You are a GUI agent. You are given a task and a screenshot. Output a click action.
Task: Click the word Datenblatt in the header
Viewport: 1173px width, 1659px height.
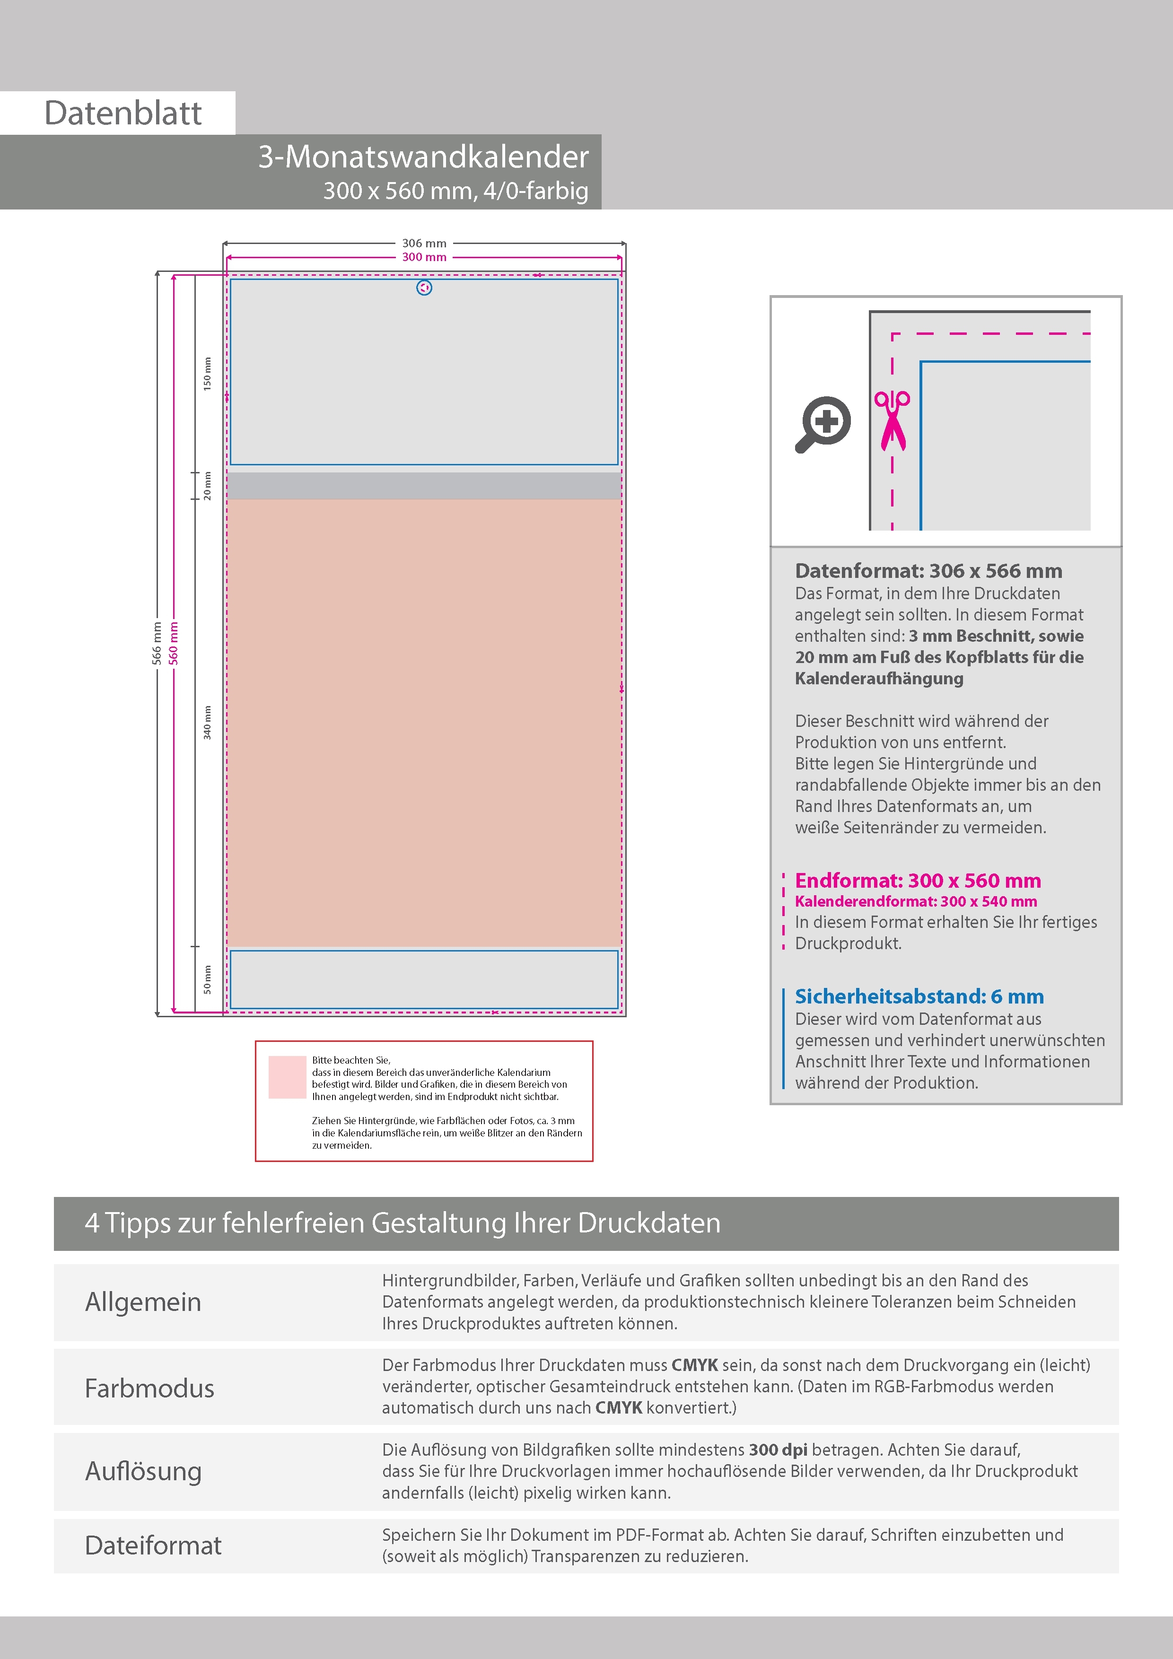[x=123, y=114]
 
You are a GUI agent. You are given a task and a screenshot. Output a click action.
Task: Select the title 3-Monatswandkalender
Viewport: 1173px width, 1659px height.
[x=423, y=157]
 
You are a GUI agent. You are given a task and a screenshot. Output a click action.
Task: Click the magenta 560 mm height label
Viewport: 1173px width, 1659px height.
[x=174, y=643]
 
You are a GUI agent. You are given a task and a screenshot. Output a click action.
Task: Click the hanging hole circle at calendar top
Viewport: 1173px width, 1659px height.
[x=424, y=288]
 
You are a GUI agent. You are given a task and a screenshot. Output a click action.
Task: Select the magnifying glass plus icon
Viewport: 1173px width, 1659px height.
[x=824, y=423]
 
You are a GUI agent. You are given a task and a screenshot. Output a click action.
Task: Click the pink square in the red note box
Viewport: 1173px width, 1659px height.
[x=287, y=1077]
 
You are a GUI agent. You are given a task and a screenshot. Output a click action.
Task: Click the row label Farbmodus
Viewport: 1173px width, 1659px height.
[x=149, y=1388]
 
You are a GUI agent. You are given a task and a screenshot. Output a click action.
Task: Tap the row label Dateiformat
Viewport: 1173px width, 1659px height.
[x=153, y=1545]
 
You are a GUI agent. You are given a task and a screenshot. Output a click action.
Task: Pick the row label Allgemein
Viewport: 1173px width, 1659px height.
[x=143, y=1301]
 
